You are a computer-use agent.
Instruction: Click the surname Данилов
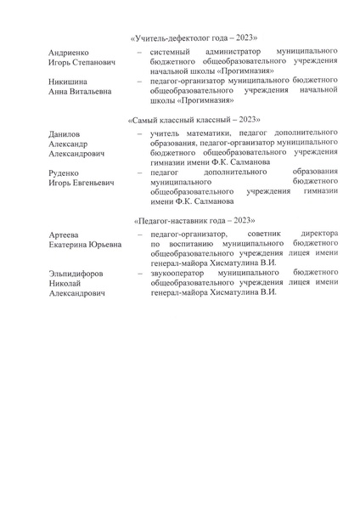click(x=65, y=135)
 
